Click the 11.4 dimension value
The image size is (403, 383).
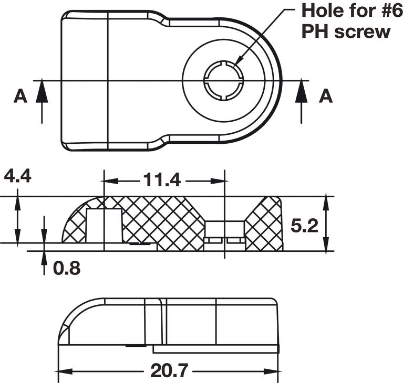click(x=162, y=180)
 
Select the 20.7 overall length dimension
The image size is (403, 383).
click(x=169, y=371)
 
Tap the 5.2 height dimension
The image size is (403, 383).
click(x=304, y=226)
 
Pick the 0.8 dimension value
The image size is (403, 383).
click(x=67, y=268)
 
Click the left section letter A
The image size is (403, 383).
click(x=20, y=96)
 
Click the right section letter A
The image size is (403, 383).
click(x=326, y=96)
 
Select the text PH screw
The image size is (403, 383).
click(x=345, y=31)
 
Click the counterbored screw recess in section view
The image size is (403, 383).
click(x=224, y=231)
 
